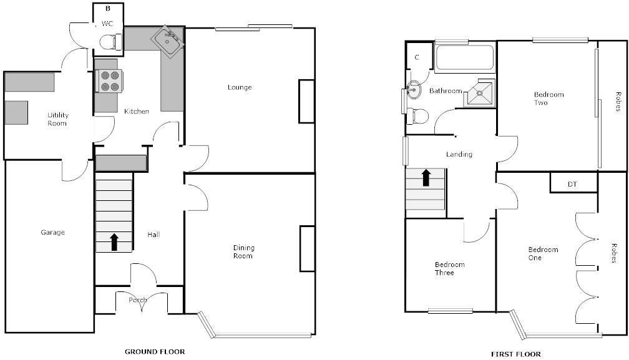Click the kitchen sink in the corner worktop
click(x=168, y=41)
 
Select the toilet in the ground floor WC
click(x=110, y=42)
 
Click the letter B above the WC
click(x=108, y=8)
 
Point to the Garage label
click(x=52, y=232)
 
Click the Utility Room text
click(x=57, y=119)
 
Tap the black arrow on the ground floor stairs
click(x=114, y=241)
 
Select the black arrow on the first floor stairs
click(x=426, y=178)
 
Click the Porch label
click(x=137, y=300)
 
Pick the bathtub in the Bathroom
click(x=464, y=58)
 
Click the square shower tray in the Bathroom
click(x=480, y=94)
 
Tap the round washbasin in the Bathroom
click(x=414, y=89)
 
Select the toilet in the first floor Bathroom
click(x=417, y=116)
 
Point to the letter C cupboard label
click(x=417, y=57)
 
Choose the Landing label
click(x=459, y=154)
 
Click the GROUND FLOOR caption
click(x=155, y=352)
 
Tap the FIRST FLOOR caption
click(x=516, y=354)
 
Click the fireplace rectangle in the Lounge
click(x=306, y=101)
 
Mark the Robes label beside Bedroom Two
click(x=618, y=102)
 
